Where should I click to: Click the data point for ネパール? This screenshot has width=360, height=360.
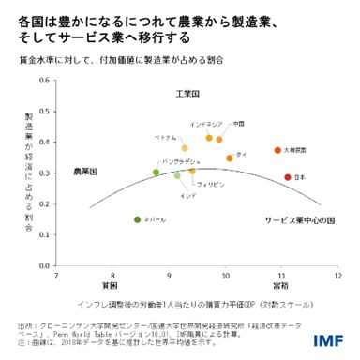coord(138,219)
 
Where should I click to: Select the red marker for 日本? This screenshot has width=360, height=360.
coord(288,177)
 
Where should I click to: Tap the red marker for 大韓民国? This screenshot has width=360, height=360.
coord(277,150)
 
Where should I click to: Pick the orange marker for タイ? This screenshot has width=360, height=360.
coord(229,157)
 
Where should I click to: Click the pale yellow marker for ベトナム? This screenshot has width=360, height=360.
coord(185,148)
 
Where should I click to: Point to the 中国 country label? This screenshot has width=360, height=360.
coord(239,124)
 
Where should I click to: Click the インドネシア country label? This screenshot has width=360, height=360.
coord(205,124)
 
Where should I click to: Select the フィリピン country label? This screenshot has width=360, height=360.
coord(211,185)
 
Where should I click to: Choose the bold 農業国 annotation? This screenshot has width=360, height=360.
coord(85,172)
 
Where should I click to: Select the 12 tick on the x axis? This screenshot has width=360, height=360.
coord(337,277)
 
